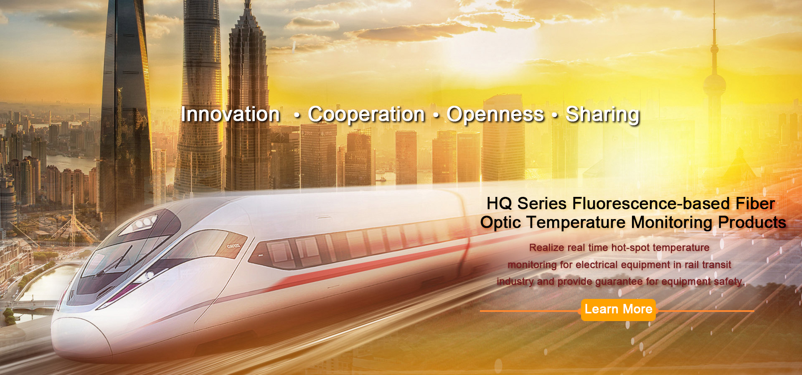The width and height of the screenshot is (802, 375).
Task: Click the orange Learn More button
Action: coord(618,310)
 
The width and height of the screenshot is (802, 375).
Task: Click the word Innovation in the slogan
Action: coord(231,114)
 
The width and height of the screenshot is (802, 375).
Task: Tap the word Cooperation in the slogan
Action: coord(366,115)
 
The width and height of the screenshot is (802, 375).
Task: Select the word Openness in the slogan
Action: coord(495,115)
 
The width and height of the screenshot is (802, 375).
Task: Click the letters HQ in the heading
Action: coord(499,204)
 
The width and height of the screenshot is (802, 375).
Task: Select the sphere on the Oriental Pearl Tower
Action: coord(714,85)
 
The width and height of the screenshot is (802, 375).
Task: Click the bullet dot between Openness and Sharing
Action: coord(555,115)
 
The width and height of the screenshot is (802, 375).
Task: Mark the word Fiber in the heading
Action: coord(755,204)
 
